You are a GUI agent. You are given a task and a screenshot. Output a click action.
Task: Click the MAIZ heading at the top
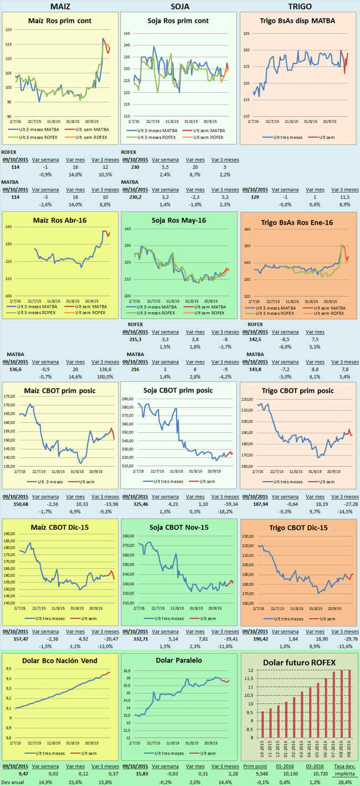point(60,6)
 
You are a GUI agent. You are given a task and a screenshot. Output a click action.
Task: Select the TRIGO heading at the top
point(300,6)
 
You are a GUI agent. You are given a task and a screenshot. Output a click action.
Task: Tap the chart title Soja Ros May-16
point(180,220)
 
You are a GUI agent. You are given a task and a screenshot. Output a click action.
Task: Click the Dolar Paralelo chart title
point(178,660)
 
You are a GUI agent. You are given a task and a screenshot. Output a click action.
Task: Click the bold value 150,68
point(12,504)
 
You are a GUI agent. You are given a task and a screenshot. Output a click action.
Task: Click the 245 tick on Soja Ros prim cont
point(127,33)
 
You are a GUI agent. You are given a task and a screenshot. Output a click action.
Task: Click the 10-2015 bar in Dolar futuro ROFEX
point(263,720)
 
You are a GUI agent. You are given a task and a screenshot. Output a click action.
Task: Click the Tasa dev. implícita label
point(347,768)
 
